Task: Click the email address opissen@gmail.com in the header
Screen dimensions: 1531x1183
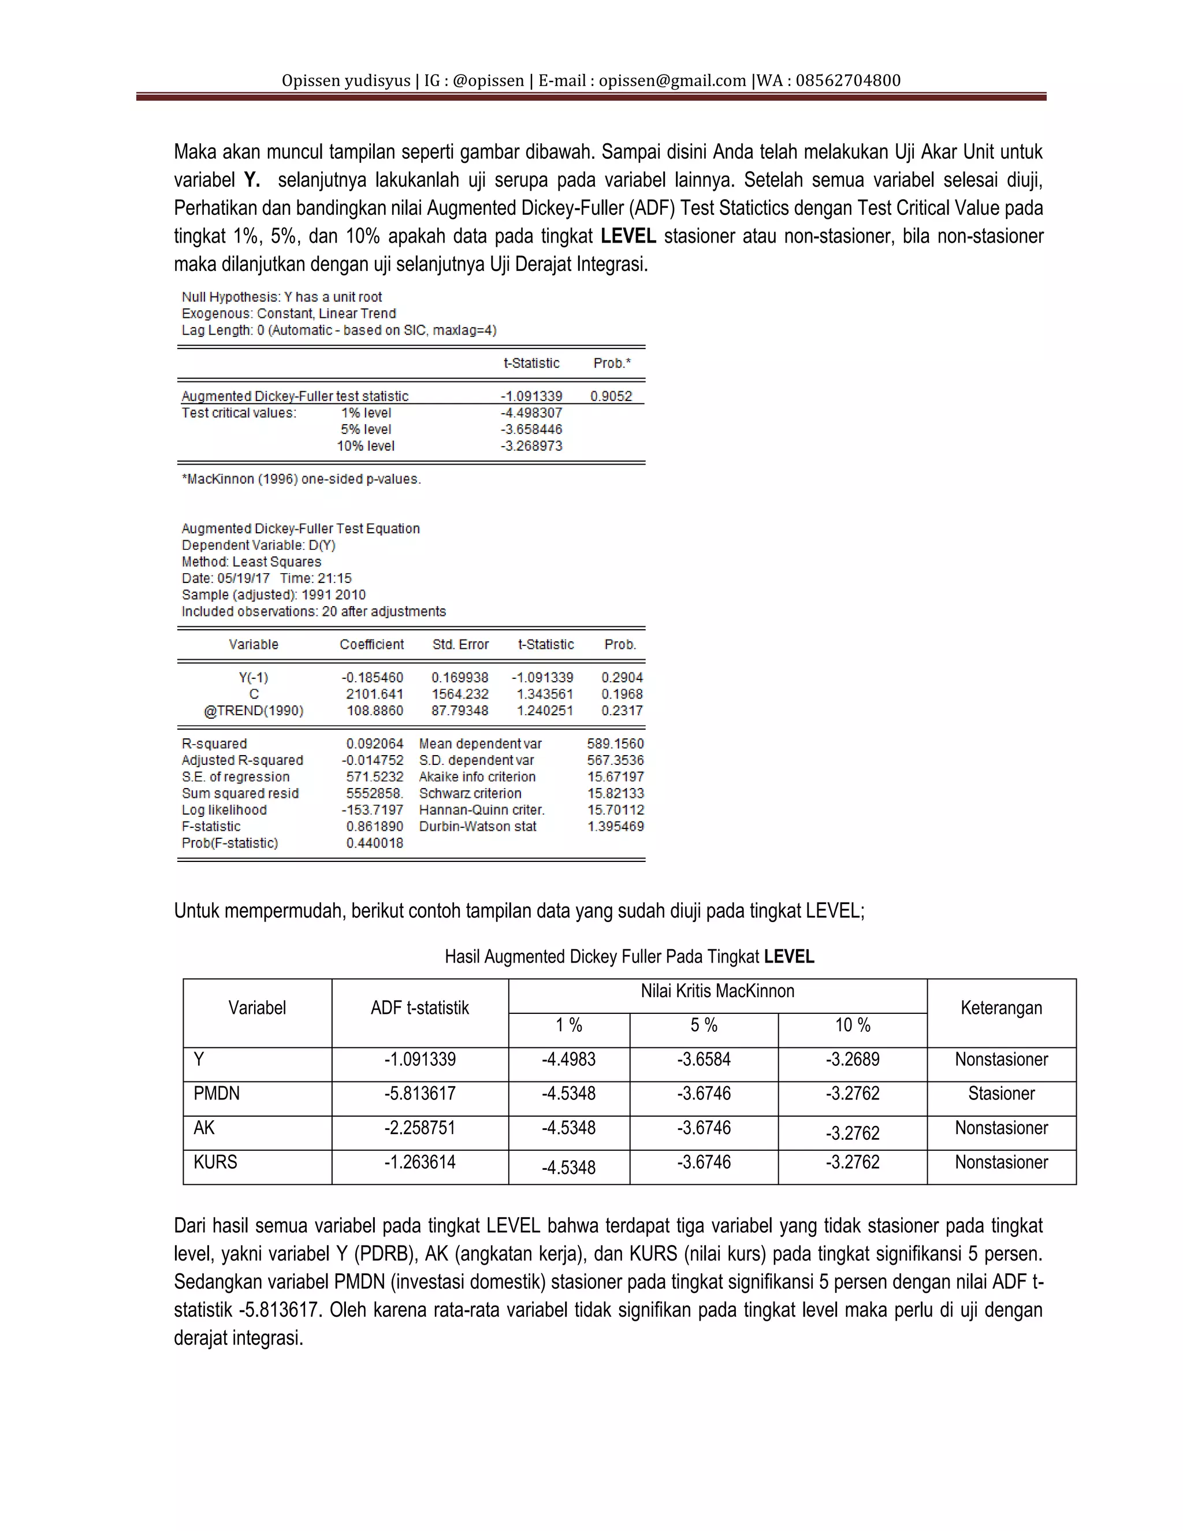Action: click(x=672, y=81)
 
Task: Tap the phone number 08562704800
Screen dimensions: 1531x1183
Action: click(x=848, y=81)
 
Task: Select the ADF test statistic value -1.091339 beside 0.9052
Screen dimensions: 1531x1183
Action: click(x=531, y=396)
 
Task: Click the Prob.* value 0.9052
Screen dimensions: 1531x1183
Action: click(x=611, y=396)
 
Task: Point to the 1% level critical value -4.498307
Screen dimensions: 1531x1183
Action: click(x=531, y=413)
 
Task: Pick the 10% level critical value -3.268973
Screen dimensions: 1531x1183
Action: click(x=531, y=446)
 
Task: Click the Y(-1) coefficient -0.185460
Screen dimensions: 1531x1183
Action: click(x=372, y=678)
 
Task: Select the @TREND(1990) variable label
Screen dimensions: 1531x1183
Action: click(x=254, y=711)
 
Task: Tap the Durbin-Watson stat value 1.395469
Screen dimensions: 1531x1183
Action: click(x=615, y=827)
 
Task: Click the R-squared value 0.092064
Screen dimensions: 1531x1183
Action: click(x=374, y=744)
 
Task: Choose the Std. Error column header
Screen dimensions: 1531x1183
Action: click(x=460, y=644)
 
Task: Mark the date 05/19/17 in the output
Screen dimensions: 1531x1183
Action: click(x=243, y=578)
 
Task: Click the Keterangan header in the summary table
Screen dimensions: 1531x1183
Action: click(x=1001, y=1008)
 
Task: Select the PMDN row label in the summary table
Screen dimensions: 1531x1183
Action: click(x=217, y=1094)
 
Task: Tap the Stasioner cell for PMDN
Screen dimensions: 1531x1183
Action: click(x=1001, y=1094)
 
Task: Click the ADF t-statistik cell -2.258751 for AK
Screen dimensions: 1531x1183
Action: click(x=420, y=1128)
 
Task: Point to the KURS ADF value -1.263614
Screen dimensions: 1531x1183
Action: click(x=420, y=1162)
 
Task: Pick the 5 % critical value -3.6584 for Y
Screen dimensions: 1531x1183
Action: click(x=704, y=1059)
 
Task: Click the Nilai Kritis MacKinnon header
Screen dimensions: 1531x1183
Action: click(x=717, y=991)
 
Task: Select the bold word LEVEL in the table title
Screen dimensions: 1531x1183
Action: click(x=789, y=957)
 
